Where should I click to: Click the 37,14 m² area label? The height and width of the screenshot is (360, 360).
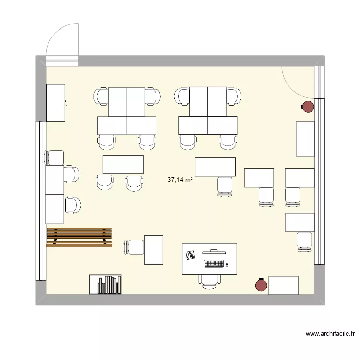tap(180, 180)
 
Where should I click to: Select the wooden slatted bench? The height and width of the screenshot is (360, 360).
tap(79, 237)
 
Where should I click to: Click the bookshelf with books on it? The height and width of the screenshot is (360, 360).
tap(105, 284)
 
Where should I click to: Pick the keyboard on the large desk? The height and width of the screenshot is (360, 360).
tap(214, 264)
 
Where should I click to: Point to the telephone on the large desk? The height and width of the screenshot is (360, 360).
tap(191, 255)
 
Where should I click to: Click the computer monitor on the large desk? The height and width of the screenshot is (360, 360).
tap(214, 251)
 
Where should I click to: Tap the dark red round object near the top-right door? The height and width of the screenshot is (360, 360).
tap(307, 107)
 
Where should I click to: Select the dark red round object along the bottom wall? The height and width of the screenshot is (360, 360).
tap(261, 286)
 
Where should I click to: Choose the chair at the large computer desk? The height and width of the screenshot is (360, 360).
tap(210, 281)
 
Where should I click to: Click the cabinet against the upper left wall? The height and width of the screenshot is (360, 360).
tap(55, 103)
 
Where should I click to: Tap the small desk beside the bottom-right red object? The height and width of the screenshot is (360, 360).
tap(283, 285)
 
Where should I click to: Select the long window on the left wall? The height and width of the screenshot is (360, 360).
tap(40, 201)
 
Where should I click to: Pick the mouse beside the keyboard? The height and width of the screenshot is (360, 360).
tap(227, 264)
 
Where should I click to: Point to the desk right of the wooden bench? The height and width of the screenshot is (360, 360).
tap(154, 250)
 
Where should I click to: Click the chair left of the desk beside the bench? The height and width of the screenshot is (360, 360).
tap(134, 247)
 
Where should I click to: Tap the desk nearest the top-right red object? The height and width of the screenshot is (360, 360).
tap(305, 139)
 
